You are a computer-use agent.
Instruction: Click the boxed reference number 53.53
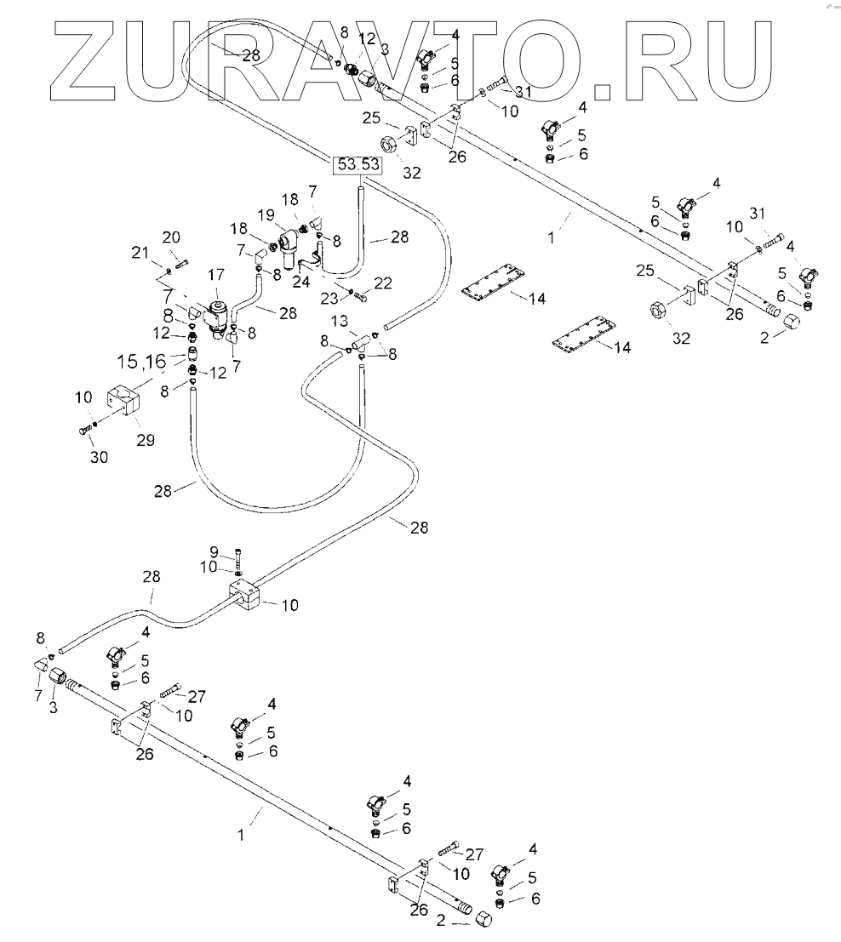pyautogui.click(x=358, y=164)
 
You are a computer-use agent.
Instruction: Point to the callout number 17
pyautogui.click(x=216, y=274)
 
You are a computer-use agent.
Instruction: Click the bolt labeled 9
pyautogui.click(x=237, y=558)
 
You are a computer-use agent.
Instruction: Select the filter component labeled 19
pyautogui.click(x=286, y=242)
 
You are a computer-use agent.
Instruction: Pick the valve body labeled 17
pyautogui.click(x=217, y=314)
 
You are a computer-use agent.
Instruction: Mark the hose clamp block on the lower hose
pyautogui.click(x=246, y=597)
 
